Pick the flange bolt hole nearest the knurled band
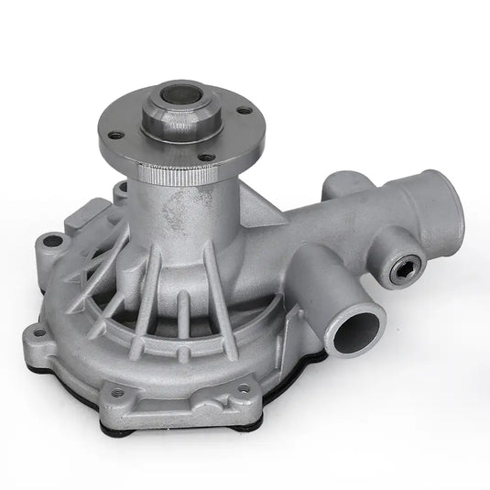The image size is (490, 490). (208, 158)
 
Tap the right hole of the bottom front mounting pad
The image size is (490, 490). (244, 387)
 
